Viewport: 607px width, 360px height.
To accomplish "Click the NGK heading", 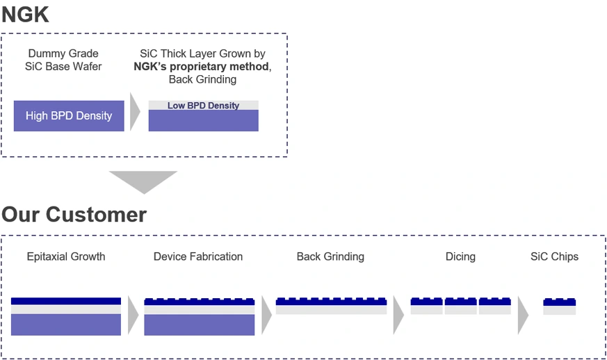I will click(26, 14).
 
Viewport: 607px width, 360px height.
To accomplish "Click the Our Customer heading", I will click(74, 214).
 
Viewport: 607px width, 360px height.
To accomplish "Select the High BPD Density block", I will click(69, 116).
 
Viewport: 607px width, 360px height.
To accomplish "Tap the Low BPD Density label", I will click(203, 106).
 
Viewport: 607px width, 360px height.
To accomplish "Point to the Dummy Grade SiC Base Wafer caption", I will click(63, 60).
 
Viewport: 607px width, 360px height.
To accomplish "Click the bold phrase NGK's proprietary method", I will click(201, 67).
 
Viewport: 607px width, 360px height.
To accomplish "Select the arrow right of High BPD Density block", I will click(136, 116).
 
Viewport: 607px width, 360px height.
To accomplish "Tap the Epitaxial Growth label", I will click(66, 256).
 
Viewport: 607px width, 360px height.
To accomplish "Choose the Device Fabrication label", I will click(198, 256).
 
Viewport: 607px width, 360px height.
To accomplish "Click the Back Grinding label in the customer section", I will click(330, 256).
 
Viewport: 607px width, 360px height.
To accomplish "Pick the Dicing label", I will click(460, 256).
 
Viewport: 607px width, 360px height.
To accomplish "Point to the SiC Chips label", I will click(554, 256).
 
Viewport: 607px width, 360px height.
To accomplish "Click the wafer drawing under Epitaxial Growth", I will click(66, 316).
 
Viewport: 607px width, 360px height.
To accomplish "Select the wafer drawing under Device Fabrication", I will click(199, 317).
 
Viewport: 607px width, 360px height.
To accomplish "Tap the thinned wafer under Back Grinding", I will click(331, 306).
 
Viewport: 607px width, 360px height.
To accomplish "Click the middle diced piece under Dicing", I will click(460, 306).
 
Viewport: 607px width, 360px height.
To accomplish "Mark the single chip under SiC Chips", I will click(559, 306).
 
